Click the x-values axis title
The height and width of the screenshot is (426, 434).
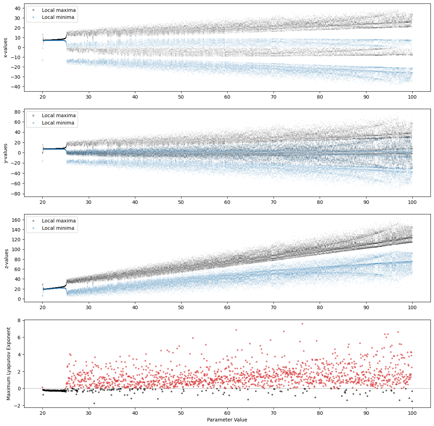(x=6, y=48)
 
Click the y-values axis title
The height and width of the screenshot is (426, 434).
(x=6, y=153)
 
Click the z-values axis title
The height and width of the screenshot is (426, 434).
(x=6, y=258)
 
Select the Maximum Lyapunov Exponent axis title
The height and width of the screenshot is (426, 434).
(x=9, y=363)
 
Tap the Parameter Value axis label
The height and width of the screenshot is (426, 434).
(x=227, y=420)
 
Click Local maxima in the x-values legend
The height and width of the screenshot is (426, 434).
(x=58, y=10)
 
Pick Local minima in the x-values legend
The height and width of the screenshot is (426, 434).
(x=58, y=17)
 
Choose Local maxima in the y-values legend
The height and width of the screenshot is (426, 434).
(x=58, y=115)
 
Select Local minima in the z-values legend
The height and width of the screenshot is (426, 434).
(x=58, y=228)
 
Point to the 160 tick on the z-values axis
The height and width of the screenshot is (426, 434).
(x=16, y=220)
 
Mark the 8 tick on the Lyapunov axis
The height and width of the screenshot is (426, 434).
(x=19, y=320)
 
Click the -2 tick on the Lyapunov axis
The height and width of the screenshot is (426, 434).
(x=18, y=406)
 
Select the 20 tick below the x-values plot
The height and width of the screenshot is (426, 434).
(x=42, y=97)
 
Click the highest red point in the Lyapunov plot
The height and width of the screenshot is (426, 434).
(x=302, y=324)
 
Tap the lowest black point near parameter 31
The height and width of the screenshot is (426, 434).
(x=94, y=403)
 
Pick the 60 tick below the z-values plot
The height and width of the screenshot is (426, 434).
(x=227, y=307)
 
